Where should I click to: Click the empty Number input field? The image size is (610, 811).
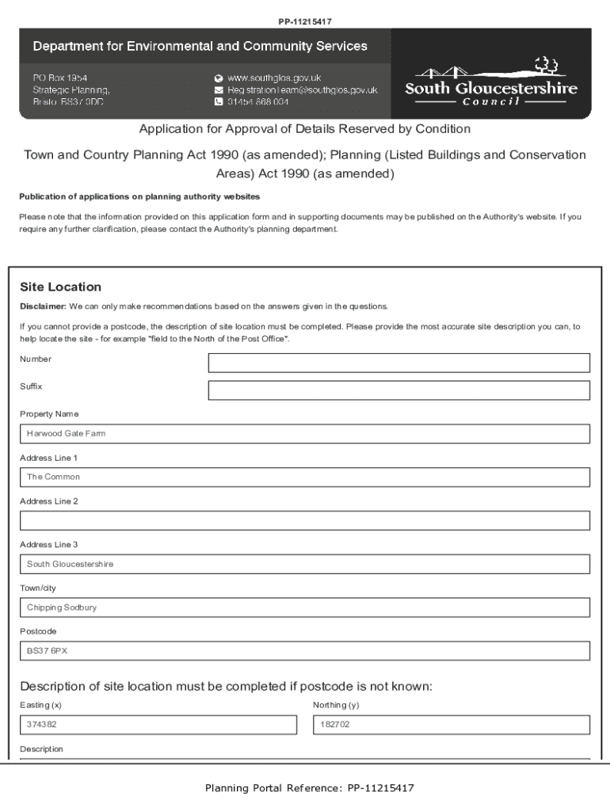pyautogui.click(x=398, y=363)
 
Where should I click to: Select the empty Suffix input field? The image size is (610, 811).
pyautogui.click(x=398, y=390)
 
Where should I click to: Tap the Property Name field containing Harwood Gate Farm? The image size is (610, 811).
pyautogui.click(x=305, y=434)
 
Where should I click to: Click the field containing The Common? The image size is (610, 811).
pyautogui.click(x=305, y=478)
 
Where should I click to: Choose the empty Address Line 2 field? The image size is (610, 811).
pyautogui.click(x=305, y=520)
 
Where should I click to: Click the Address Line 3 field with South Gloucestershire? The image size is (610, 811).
pyautogui.click(x=305, y=564)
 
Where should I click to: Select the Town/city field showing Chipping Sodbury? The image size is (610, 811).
pyautogui.click(x=305, y=607)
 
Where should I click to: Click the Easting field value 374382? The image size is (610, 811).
pyautogui.click(x=158, y=725)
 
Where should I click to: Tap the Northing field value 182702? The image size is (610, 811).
pyautogui.click(x=452, y=725)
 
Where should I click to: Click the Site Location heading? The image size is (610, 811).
pyautogui.click(x=61, y=287)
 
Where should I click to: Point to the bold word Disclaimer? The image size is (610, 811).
pyautogui.click(x=43, y=307)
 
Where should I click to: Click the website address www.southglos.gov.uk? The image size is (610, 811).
pyautogui.click(x=274, y=78)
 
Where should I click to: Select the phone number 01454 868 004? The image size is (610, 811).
pyautogui.click(x=258, y=102)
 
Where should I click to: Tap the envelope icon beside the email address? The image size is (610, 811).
pyautogui.click(x=219, y=90)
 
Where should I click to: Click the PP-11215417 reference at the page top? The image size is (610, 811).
pyautogui.click(x=304, y=21)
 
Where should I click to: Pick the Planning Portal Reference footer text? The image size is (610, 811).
pyautogui.click(x=309, y=788)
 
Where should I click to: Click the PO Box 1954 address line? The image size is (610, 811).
pyautogui.click(x=60, y=78)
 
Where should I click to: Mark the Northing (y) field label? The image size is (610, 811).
pyautogui.click(x=336, y=705)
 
